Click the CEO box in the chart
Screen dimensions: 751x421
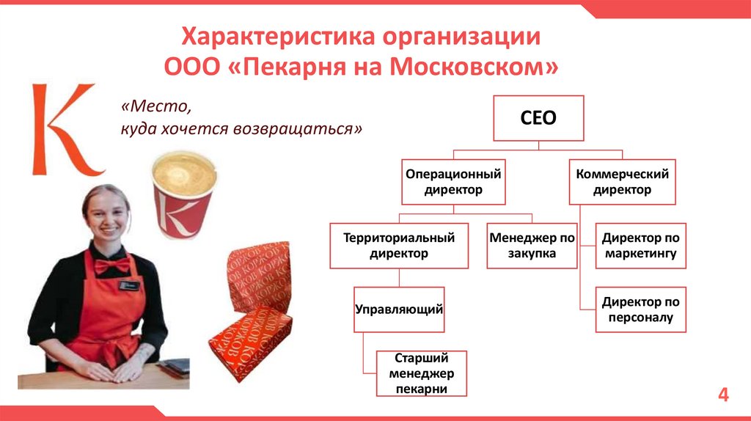pos(538,117)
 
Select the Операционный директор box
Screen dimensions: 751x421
pos(453,182)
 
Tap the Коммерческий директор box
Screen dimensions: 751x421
pos(622,182)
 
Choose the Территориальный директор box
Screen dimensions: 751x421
pos(399,246)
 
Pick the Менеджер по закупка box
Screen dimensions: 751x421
pos(532,246)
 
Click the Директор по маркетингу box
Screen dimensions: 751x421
pos(640,246)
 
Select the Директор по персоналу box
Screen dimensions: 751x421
pos(640,310)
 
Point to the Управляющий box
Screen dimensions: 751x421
pos(399,310)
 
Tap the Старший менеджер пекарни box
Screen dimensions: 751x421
pos(421,373)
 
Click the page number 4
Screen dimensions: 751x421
pos(723,396)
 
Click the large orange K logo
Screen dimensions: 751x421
pos(64,130)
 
